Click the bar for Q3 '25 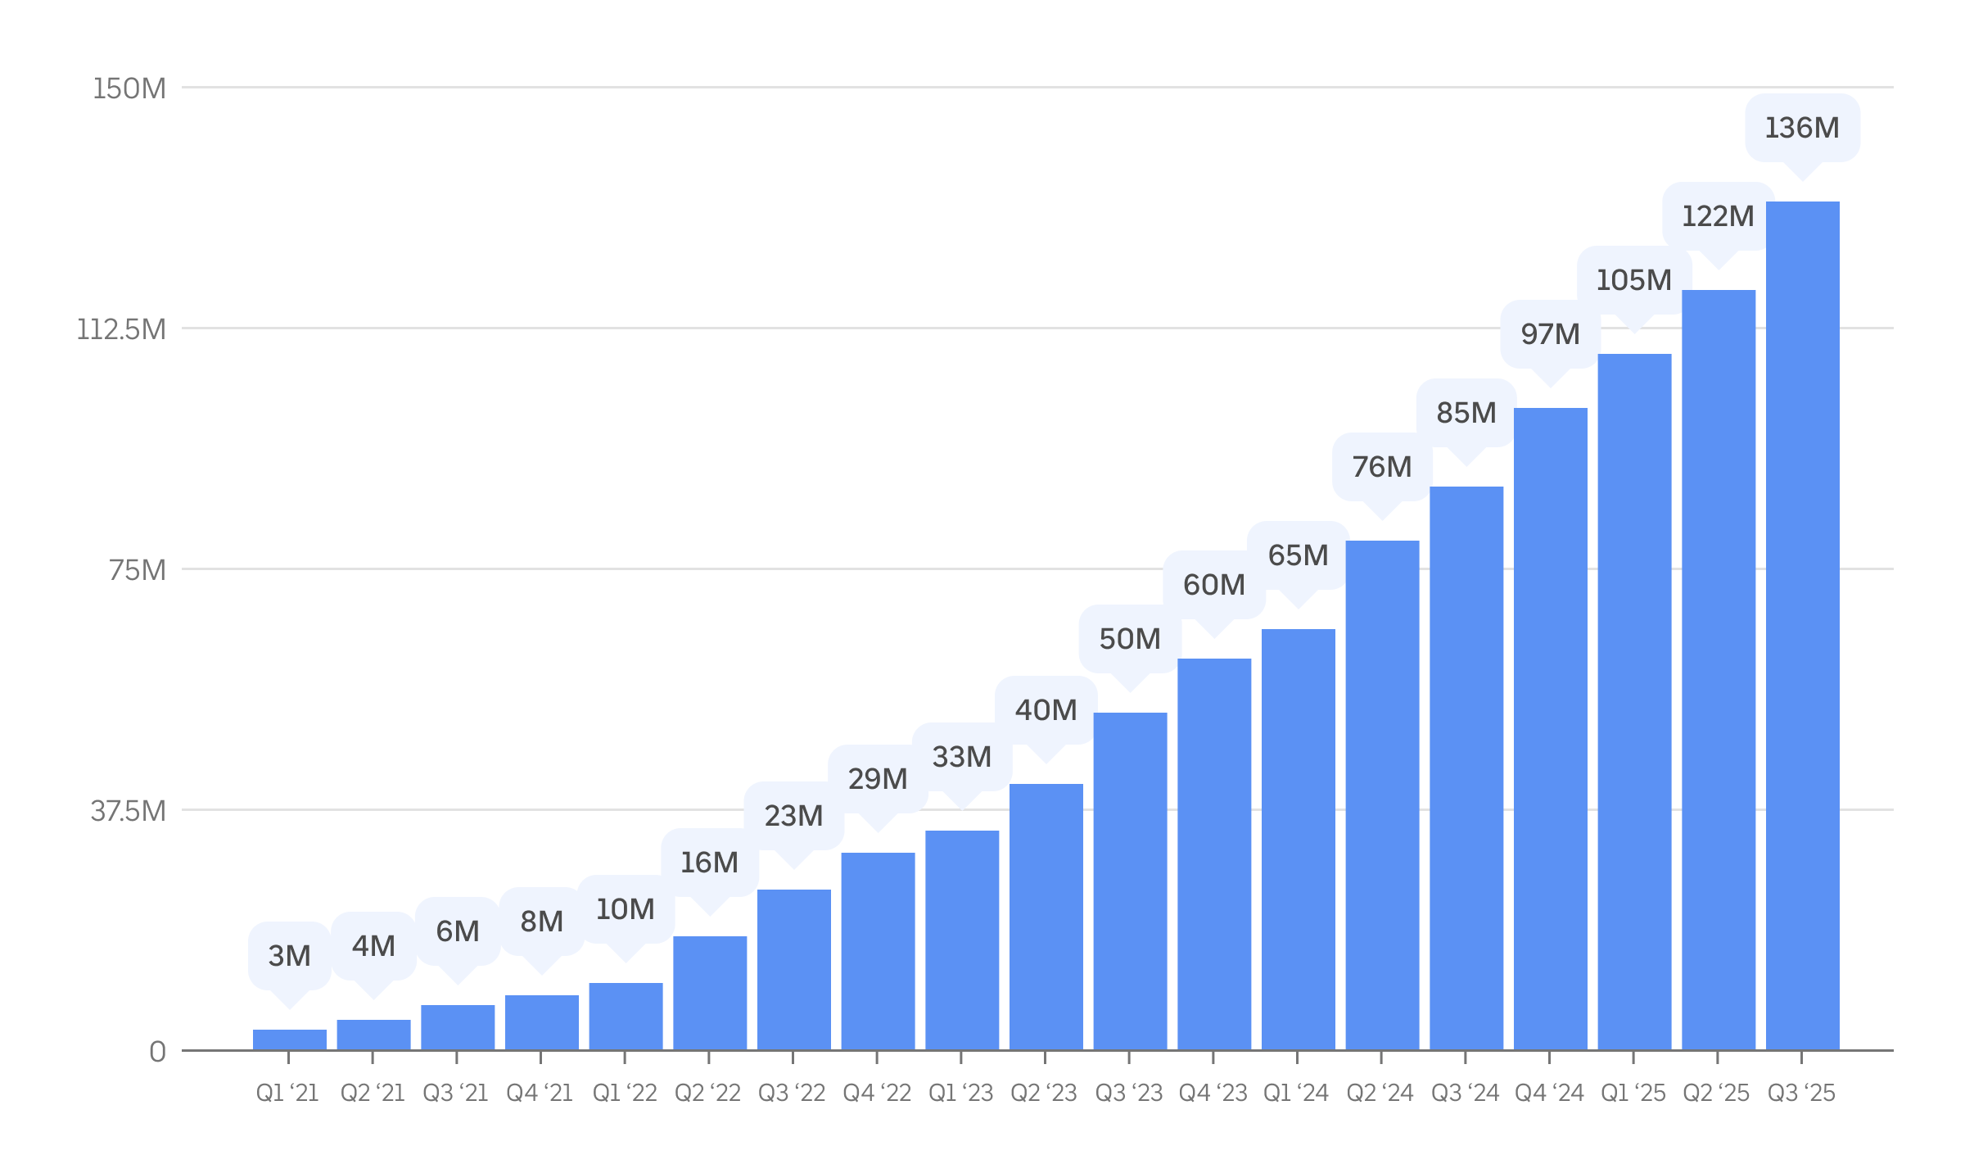point(1802,626)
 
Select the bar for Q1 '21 point(290,1039)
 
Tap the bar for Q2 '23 point(1046,917)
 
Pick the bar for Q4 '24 point(1550,729)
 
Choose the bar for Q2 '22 point(710,993)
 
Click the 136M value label point(1802,128)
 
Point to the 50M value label point(1130,639)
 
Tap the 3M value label point(290,956)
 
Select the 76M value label point(1382,467)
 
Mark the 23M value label point(793,816)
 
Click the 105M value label point(1633,280)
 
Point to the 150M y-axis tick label point(129,88)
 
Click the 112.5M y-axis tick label point(121,329)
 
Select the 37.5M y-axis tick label point(128,811)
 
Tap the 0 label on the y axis point(157,1052)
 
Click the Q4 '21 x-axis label point(540,1093)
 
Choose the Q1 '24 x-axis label point(1296,1093)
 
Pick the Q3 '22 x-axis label point(792,1093)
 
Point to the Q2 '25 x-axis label point(1716,1093)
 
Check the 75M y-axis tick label point(137,570)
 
